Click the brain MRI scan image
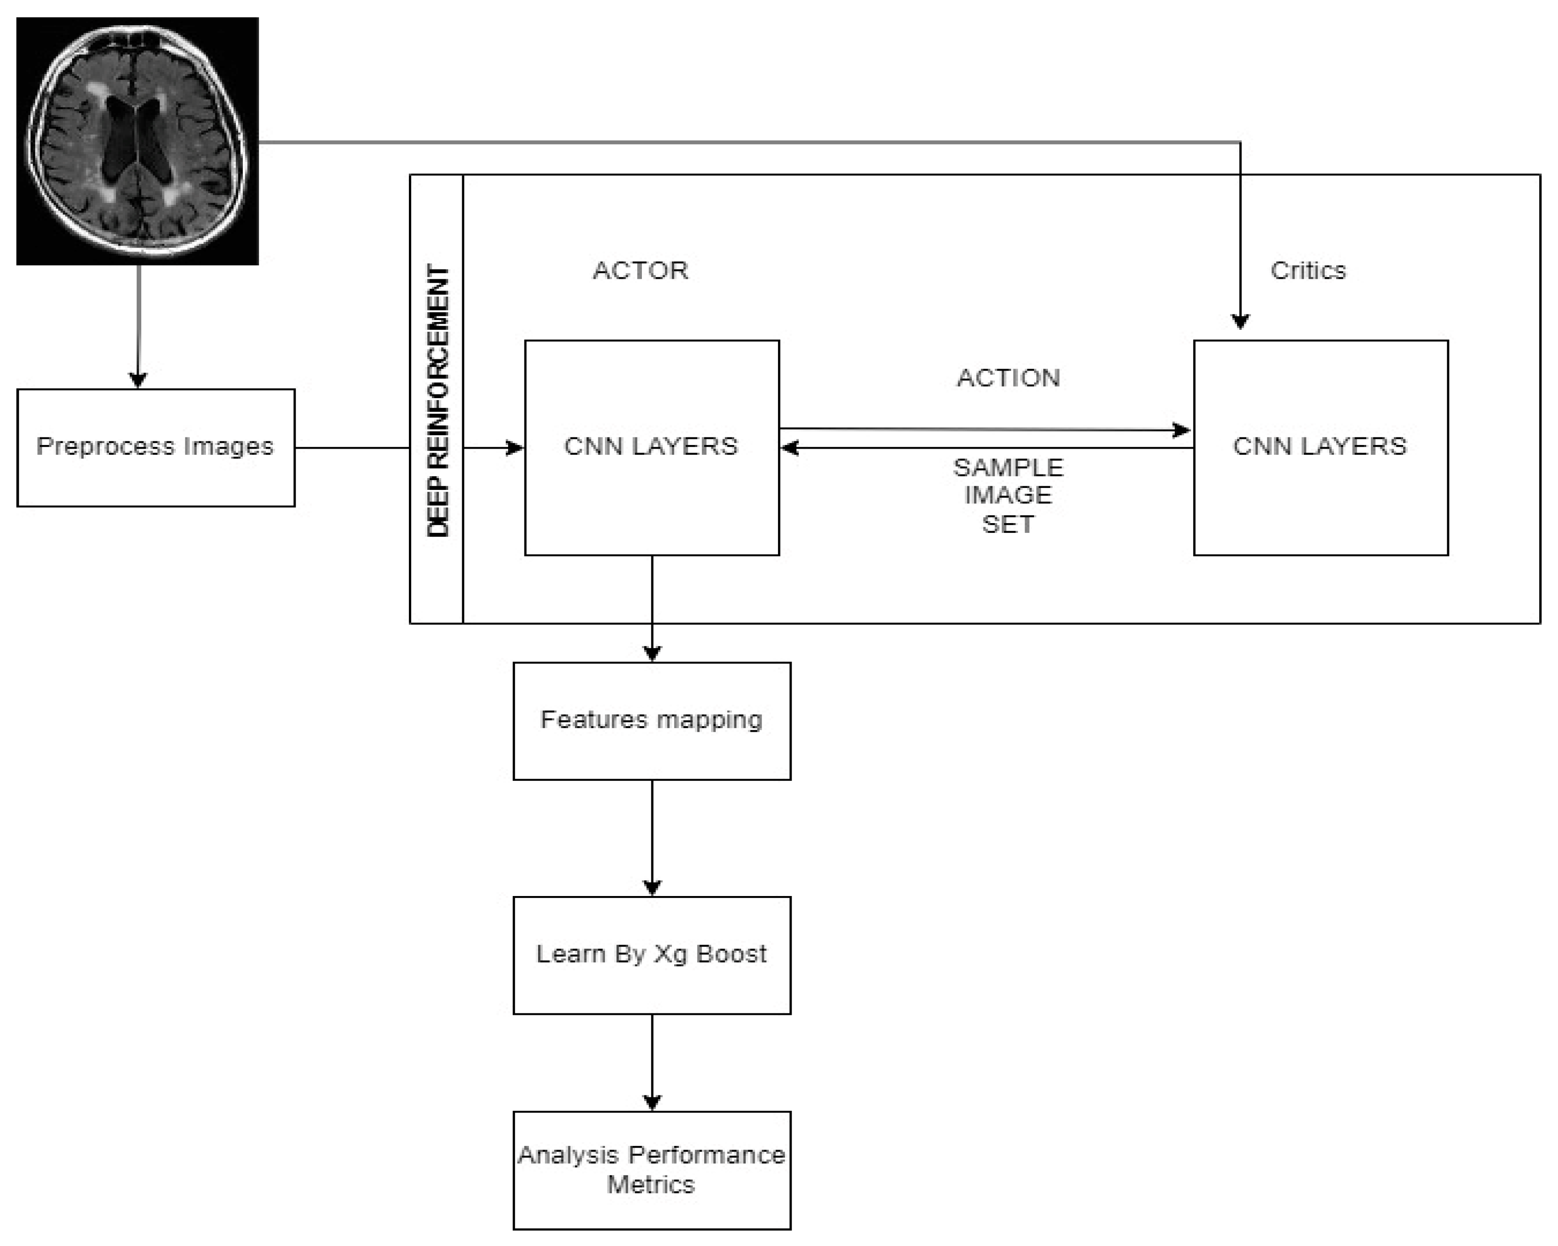point(137,141)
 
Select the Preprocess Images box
point(155,447)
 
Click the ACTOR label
point(640,270)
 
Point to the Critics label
point(1308,270)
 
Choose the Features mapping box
point(651,721)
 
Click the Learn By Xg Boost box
point(651,955)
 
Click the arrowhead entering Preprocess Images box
point(138,380)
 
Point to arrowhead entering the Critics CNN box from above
point(1240,321)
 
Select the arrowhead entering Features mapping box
point(652,653)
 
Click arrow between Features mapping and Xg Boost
point(652,838)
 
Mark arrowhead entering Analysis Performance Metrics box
point(652,1102)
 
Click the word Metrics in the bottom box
point(650,1185)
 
